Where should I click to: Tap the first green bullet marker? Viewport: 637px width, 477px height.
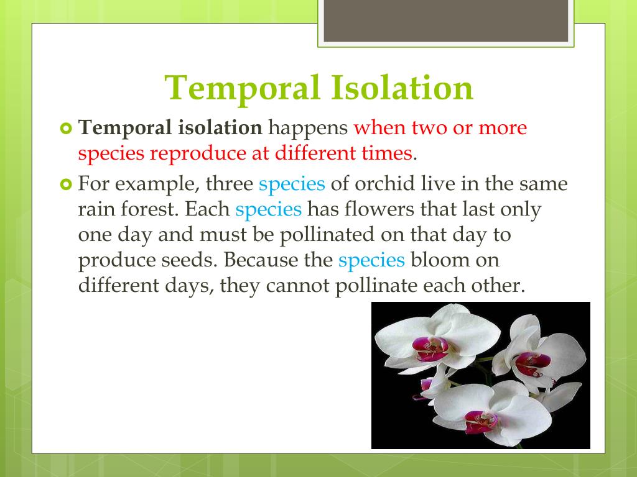(x=65, y=129)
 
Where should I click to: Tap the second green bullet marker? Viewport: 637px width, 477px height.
(x=65, y=184)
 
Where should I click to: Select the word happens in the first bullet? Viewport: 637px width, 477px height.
(x=307, y=128)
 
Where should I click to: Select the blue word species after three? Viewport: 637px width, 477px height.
(x=292, y=184)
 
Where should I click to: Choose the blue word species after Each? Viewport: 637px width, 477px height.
(x=269, y=210)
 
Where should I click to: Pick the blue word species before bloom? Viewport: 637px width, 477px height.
(x=371, y=261)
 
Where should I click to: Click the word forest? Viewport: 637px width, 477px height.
(x=149, y=209)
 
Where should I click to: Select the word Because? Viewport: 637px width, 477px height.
(x=262, y=260)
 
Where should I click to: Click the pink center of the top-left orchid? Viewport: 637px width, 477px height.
(x=430, y=349)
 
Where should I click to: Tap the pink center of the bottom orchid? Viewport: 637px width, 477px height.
(x=481, y=422)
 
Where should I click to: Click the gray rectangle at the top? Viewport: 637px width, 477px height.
(x=445, y=20)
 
